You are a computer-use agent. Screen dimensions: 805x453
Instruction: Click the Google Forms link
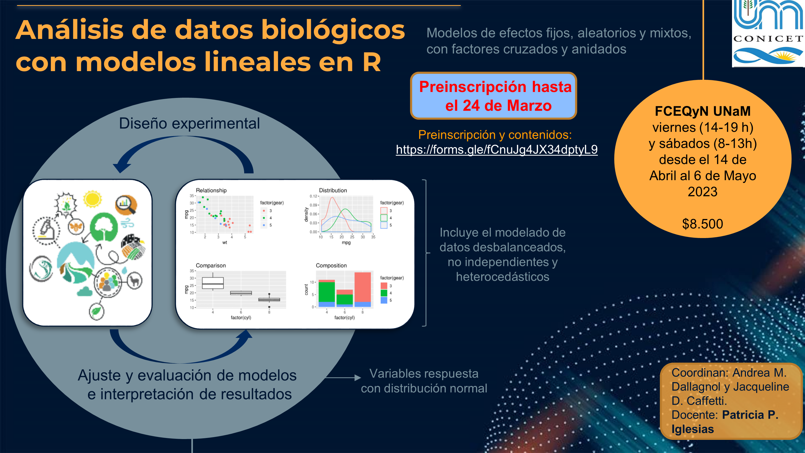point(497,150)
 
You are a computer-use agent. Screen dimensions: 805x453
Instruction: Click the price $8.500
point(702,224)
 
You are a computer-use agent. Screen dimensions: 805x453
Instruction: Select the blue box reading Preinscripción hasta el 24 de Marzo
point(493,96)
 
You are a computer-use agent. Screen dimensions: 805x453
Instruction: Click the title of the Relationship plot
point(211,190)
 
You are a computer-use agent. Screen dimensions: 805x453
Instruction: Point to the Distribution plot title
point(333,190)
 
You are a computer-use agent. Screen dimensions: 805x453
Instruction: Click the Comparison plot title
point(211,265)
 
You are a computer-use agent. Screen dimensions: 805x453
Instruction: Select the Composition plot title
point(331,265)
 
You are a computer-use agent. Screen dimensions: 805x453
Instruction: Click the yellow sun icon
point(93,199)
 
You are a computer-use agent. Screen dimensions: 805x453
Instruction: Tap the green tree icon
point(104,227)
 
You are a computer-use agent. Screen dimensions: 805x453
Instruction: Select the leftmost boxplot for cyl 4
point(213,283)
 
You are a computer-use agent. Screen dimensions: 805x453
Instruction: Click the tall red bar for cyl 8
point(363,287)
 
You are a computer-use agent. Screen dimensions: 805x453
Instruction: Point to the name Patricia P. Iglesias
point(725,422)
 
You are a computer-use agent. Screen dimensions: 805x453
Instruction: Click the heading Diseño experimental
point(189,123)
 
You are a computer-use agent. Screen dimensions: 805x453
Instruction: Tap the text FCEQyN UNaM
point(702,111)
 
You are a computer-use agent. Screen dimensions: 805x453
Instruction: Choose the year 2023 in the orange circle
point(702,191)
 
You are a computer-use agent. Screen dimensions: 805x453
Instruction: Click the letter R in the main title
point(372,62)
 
